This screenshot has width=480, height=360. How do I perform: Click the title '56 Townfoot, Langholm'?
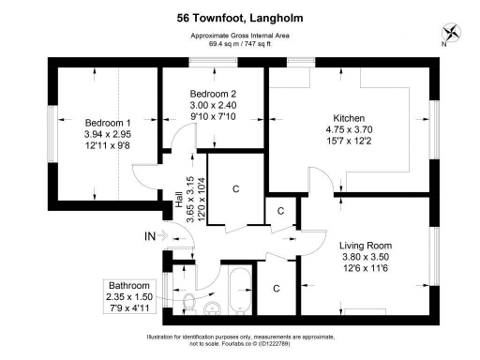click(239, 17)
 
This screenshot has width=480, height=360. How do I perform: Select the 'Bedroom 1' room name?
click(108, 123)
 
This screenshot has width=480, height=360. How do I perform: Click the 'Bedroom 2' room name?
click(213, 94)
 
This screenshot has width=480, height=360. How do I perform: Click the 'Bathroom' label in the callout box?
click(127, 286)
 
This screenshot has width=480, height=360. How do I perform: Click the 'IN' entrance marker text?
click(149, 236)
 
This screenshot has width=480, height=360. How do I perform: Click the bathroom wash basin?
click(213, 308)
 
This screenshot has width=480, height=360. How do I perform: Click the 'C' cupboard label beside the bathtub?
click(276, 289)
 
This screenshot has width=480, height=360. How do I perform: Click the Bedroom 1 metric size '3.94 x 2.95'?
click(108, 135)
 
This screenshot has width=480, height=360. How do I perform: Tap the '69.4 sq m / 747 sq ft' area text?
click(239, 44)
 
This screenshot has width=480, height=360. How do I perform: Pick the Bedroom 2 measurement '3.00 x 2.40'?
click(213, 106)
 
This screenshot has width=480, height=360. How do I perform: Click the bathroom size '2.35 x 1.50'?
click(127, 297)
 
